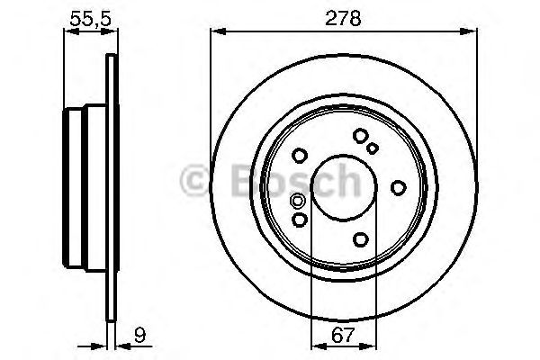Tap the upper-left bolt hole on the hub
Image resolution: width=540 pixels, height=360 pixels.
pyautogui.click(x=301, y=154)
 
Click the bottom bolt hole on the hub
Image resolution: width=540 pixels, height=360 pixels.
pyautogui.click(x=361, y=238)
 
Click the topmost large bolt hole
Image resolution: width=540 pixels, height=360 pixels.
pyautogui.click(x=361, y=136)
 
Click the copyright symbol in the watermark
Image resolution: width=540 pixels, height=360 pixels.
pyautogui.click(x=195, y=180)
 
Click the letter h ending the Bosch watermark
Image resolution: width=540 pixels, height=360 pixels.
pyautogui.click(x=343, y=180)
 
